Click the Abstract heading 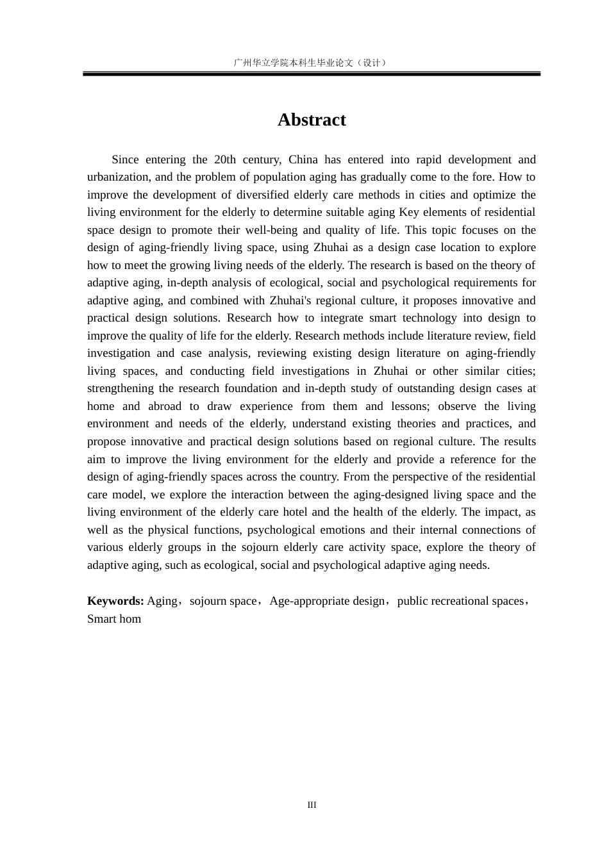pos(312,120)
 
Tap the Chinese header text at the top pos(311,63)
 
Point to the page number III pos(312,805)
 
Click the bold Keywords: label pos(115,601)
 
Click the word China pos(303,160)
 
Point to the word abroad pos(165,406)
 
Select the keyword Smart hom pos(114,619)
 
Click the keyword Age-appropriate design pos(327,601)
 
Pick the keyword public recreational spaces pos(460,601)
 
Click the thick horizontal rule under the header pos(312,74)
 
